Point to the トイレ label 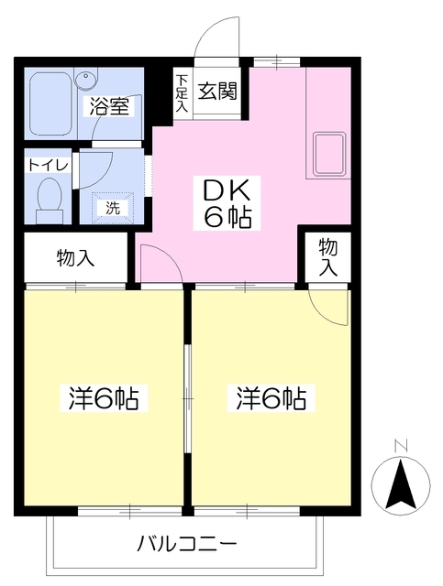45,166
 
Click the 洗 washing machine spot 113,206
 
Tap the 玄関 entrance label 216,91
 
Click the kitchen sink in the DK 329,154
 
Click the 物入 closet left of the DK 75,259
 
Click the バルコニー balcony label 188,544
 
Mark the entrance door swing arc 218,40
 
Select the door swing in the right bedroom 330,307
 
